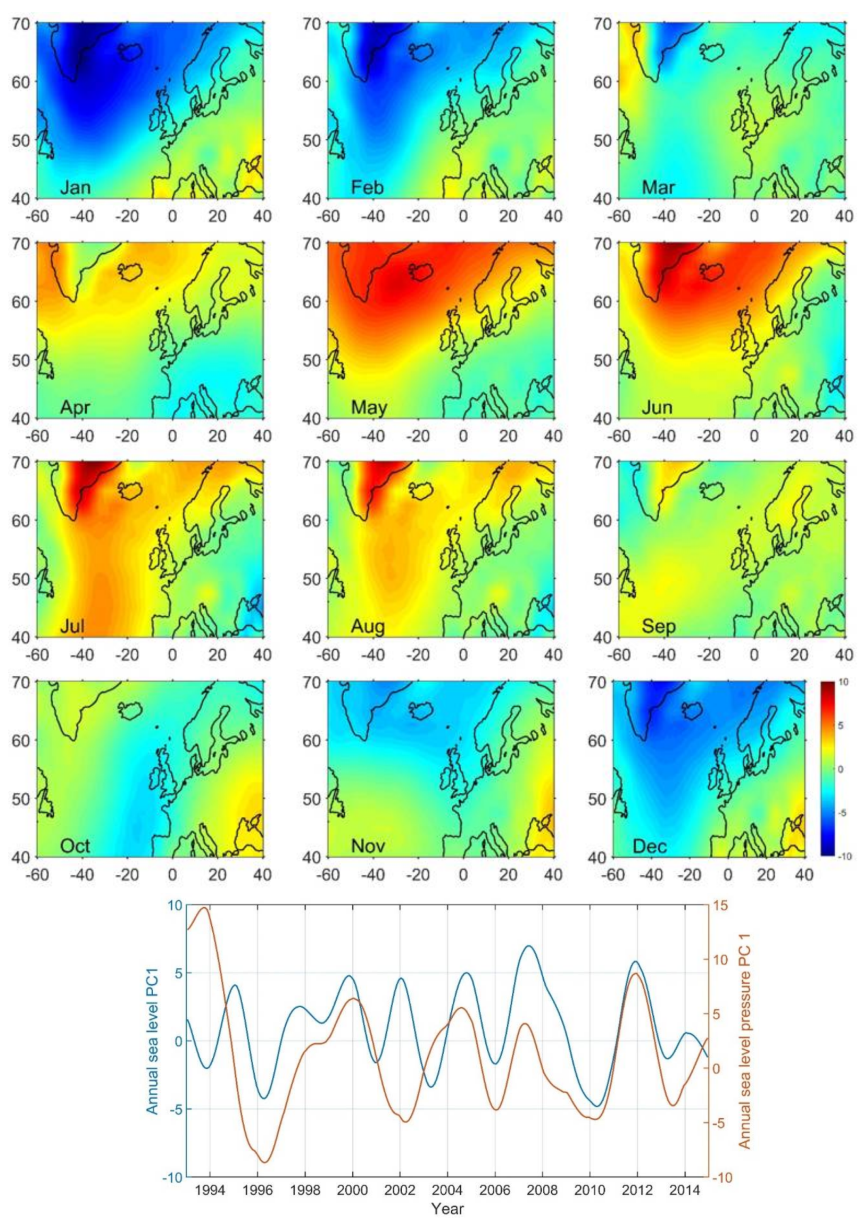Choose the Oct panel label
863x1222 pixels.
point(75,846)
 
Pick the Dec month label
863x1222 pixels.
point(650,846)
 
